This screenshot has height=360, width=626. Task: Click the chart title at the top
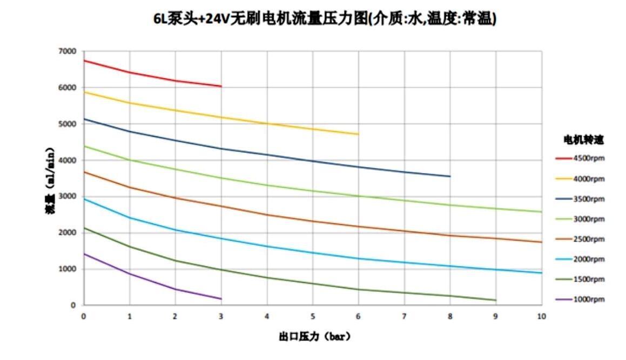point(324,19)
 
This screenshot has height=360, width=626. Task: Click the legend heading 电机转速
point(583,140)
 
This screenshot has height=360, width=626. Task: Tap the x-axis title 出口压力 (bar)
point(315,337)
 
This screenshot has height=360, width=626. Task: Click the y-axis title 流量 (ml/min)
point(50,181)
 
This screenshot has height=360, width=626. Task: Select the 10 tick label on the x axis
point(541,316)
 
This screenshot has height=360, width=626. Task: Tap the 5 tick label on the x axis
point(312,316)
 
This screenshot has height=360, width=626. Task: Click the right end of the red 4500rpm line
point(221,86)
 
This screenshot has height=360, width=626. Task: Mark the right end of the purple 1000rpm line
point(221,299)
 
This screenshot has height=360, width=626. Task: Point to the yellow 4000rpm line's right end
point(358,134)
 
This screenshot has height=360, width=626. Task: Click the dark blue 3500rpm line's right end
point(450,176)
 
